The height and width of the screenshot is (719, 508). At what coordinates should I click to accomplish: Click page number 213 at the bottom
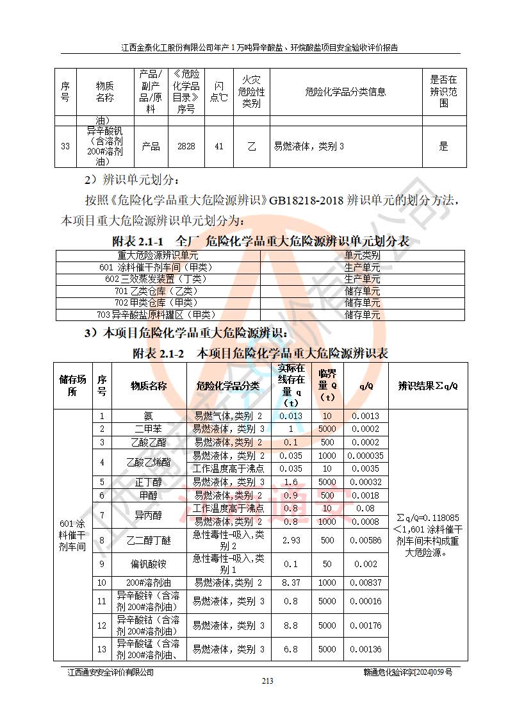click(x=267, y=681)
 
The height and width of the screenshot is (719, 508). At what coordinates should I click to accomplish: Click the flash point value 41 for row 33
click(x=219, y=146)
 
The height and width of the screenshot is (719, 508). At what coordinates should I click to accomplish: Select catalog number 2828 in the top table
click(x=186, y=146)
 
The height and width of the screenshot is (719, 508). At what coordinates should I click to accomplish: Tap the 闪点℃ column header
click(x=219, y=92)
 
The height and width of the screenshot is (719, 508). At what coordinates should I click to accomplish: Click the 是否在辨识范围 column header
click(x=443, y=92)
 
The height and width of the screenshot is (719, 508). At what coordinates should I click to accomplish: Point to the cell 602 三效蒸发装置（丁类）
click(x=158, y=279)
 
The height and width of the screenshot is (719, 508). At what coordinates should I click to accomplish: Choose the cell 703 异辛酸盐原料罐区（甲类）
click(x=158, y=315)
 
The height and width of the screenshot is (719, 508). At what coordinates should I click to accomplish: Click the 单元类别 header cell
click(x=363, y=255)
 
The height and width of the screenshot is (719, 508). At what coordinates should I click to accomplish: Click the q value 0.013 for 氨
click(x=291, y=416)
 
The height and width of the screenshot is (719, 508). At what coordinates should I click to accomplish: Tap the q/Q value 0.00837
click(x=366, y=583)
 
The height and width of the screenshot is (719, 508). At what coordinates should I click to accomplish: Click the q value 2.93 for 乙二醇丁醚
click(x=291, y=540)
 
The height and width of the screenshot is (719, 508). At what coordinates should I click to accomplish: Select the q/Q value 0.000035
click(x=366, y=456)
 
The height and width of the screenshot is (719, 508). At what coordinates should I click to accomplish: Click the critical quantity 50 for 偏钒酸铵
click(x=327, y=564)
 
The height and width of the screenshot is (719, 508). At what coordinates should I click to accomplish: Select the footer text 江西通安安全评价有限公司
click(x=111, y=672)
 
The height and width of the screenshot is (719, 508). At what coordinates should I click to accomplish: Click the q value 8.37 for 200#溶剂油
click(x=291, y=583)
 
